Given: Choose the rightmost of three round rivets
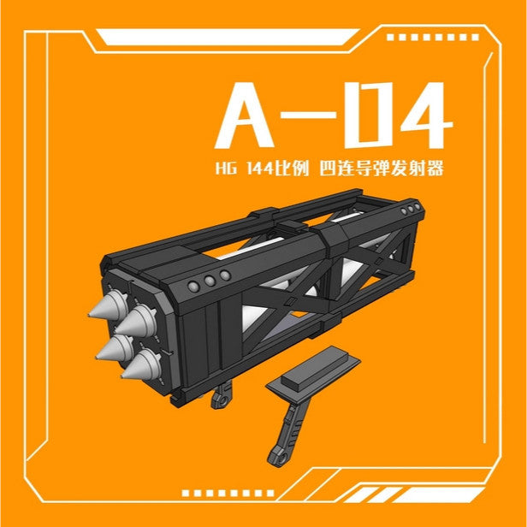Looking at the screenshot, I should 224,275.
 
